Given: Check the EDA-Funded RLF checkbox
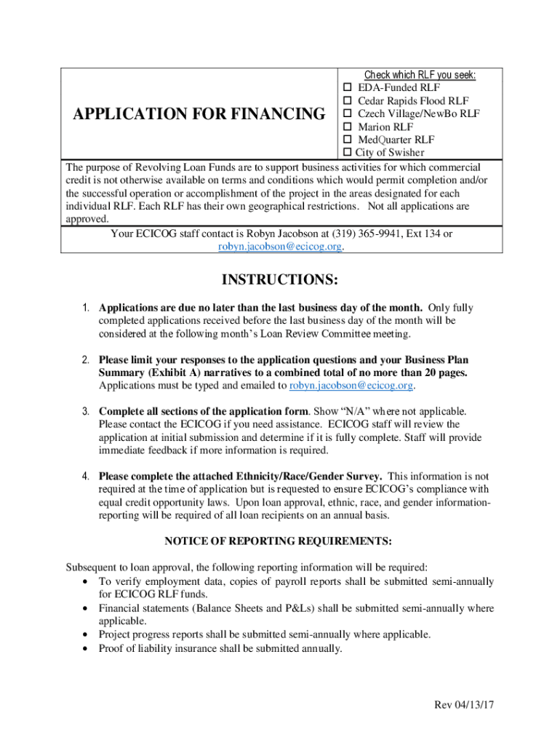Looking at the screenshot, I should pyautogui.click(x=348, y=88).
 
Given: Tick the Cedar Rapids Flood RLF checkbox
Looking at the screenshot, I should pyautogui.click(x=348, y=101).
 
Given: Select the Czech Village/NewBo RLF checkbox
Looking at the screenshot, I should pyautogui.click(x=348, y=114).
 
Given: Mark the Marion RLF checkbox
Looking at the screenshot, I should pyautogui.click(x=348, y=127).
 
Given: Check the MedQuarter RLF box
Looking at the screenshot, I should pyautogui.click(x=348, y=140).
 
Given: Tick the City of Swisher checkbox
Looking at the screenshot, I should pyautogui.click(x=347, y=153).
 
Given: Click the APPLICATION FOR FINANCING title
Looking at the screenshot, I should pyautogui.click(x=199, y=114).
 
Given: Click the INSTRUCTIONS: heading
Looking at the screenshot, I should pyautogui.click(x=279, y=280).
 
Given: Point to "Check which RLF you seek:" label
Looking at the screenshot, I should pyautogui.click(x=420, y=75).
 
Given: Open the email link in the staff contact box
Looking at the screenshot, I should pyautogui.click(x=280, y=247).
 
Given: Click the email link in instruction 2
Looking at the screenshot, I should pyautogui.click(x=351, y=385).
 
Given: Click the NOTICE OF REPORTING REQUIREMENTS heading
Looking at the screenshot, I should pyautogui.click(x=279, y=541).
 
